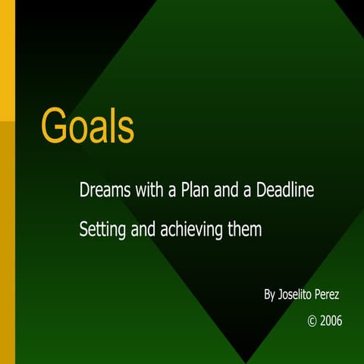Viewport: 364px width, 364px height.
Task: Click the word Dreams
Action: [x=103, y=190]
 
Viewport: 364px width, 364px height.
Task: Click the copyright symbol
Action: [x=312, y=321]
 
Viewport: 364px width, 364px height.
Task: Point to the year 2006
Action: [x=331, y=321]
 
